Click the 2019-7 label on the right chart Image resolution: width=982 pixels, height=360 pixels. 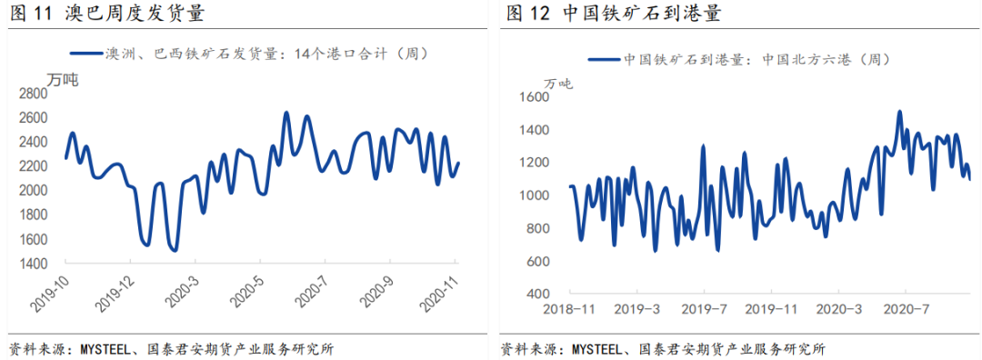[x=703, y=309]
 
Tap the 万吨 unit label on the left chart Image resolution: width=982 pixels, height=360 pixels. [x=63, y=78]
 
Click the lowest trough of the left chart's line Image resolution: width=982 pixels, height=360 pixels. [x=174, y=250]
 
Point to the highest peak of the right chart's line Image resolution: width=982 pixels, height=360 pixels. [x=899, y=112]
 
